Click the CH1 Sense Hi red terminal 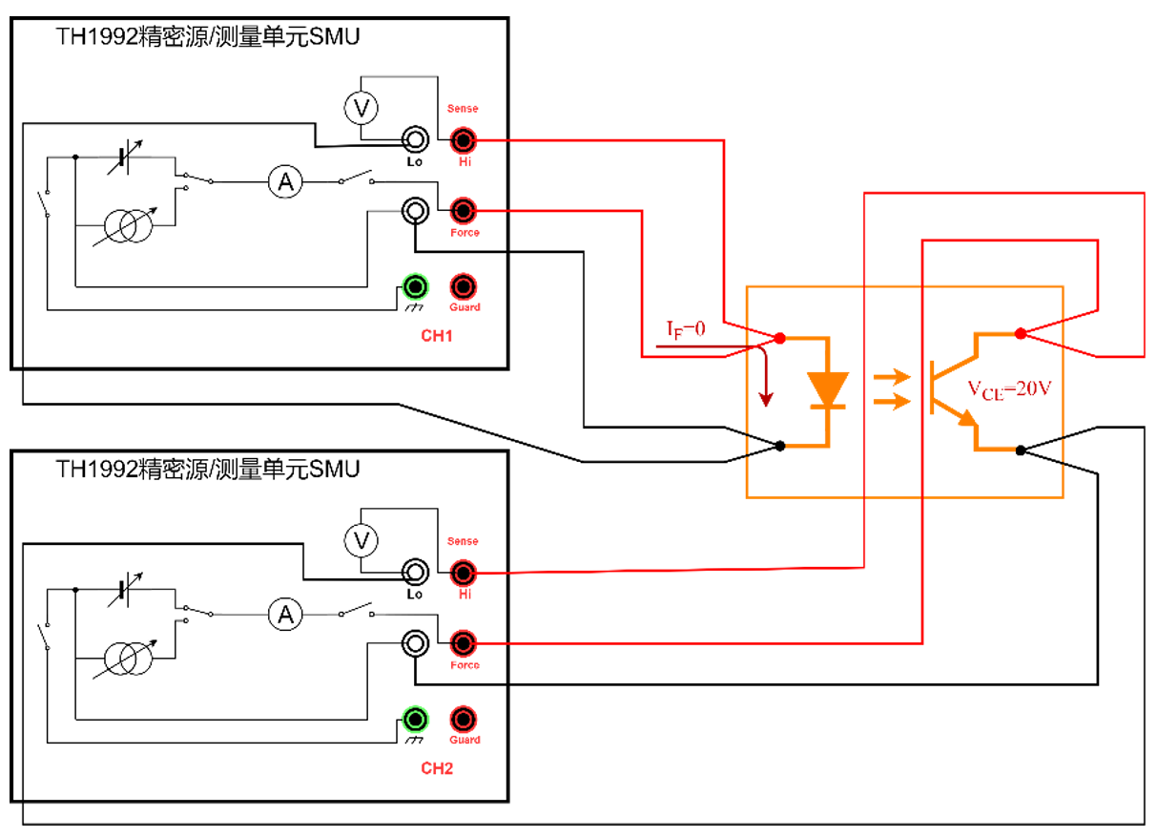coord(464,140)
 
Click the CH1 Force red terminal coord(464,210)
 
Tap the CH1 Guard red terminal coord(464,285)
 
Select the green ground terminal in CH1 coord(415,285)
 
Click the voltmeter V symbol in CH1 coord(361,109)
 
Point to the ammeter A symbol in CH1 coord(283,181)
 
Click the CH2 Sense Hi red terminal coord(464,573)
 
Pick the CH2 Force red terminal coord(464,642)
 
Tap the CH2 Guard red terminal coord(464,718)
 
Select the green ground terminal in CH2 coord(415,718)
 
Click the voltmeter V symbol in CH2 coord(361,542)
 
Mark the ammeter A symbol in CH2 coord(283,614)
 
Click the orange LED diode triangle coord(827,388)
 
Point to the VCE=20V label coord(1008,388)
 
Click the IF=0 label coord(685,329)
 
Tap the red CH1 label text coord(436,336)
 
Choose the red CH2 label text coord(436,768)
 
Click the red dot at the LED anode coord(779,338)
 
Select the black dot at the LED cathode coord(780,446)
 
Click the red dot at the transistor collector coord(1020,333)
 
